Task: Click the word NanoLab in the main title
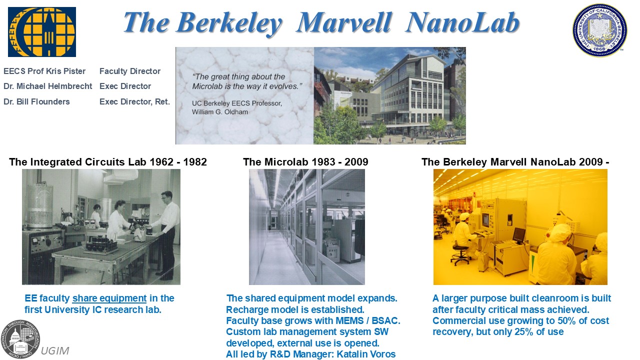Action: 462,22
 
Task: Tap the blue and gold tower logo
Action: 42,32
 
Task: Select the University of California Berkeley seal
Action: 599,30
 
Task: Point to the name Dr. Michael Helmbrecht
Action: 47,86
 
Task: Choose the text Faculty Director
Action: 130,71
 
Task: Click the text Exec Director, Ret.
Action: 134,101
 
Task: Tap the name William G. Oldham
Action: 220,112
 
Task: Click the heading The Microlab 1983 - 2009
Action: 305,162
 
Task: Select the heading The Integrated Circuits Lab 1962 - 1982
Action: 108,162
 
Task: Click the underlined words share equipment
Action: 109,298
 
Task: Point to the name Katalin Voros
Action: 366,354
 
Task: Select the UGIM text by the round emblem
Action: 55,350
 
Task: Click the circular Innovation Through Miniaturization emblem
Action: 20,339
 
